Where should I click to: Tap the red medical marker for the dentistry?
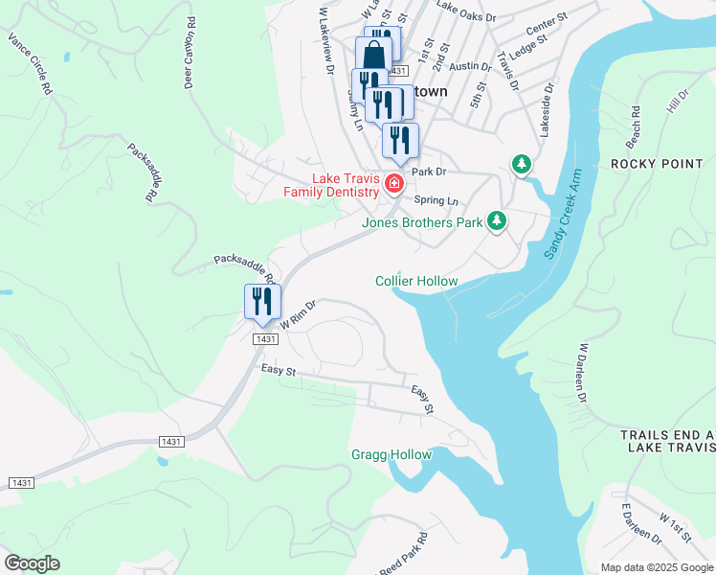tap(392, 182)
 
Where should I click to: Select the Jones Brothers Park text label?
tap(421, 222)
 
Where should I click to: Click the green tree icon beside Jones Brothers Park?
tap(496, 221)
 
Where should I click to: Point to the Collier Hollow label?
tap(416, 281)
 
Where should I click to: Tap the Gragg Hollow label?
tap(392, 454)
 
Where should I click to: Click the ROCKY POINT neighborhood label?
tap(657, 164)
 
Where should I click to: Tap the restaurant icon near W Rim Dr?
tap(259, 302)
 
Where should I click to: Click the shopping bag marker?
tap(372, 54)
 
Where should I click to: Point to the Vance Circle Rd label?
tap(30, 63)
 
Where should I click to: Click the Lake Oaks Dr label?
tap(466, 17)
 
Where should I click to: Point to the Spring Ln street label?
tap(436, 200)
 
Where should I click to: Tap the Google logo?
tap(32, 563)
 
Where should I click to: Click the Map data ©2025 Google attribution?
tap(657, 567)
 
